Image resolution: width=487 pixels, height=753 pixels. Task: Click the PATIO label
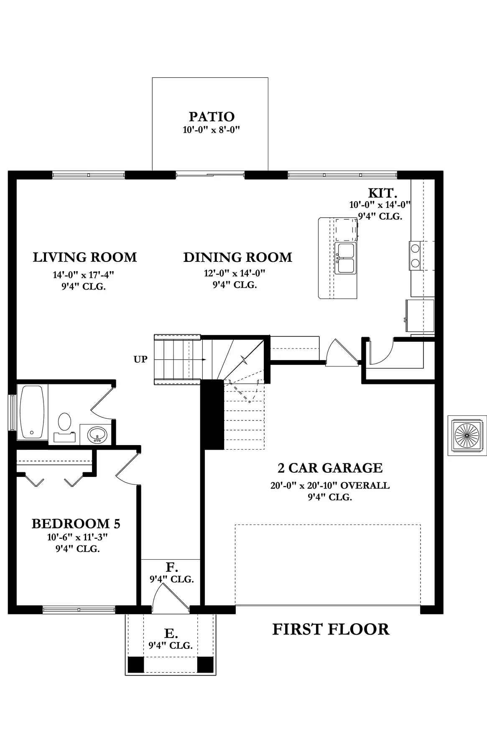(x=212, y=117)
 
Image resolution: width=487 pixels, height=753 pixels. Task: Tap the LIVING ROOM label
(x=85, y=257)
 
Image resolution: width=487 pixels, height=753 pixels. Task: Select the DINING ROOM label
(x=237, y=257)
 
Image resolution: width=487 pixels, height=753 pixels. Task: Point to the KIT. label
(x=382, y=193)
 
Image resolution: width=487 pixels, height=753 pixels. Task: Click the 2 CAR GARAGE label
(x=330, y=468)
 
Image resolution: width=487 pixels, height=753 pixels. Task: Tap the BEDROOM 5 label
(x=76, y=523)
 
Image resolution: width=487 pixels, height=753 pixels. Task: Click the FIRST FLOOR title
(x=331, y=629)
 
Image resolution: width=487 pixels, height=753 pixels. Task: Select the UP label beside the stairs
(x=140, y=359)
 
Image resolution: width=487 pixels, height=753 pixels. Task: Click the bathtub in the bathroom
(x=32, y=412)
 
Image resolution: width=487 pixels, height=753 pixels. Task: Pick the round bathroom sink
(x=97, y=435)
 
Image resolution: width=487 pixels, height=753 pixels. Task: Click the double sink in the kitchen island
(x=345, y=258)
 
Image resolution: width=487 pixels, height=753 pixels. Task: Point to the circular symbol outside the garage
(x=467, y=435)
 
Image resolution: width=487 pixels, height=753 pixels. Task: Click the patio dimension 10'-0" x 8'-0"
(x=211, y=130)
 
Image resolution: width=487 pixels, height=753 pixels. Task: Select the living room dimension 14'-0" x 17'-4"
(x=84, y=275)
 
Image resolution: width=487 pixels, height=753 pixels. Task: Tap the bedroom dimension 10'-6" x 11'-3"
(x=78, y=537)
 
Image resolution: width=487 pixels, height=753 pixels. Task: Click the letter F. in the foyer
(x=172, y=568)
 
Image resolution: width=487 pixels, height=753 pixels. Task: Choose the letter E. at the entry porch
(x=171, y=633)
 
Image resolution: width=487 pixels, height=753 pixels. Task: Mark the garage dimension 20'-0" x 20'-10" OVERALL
(x=330, y=486)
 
